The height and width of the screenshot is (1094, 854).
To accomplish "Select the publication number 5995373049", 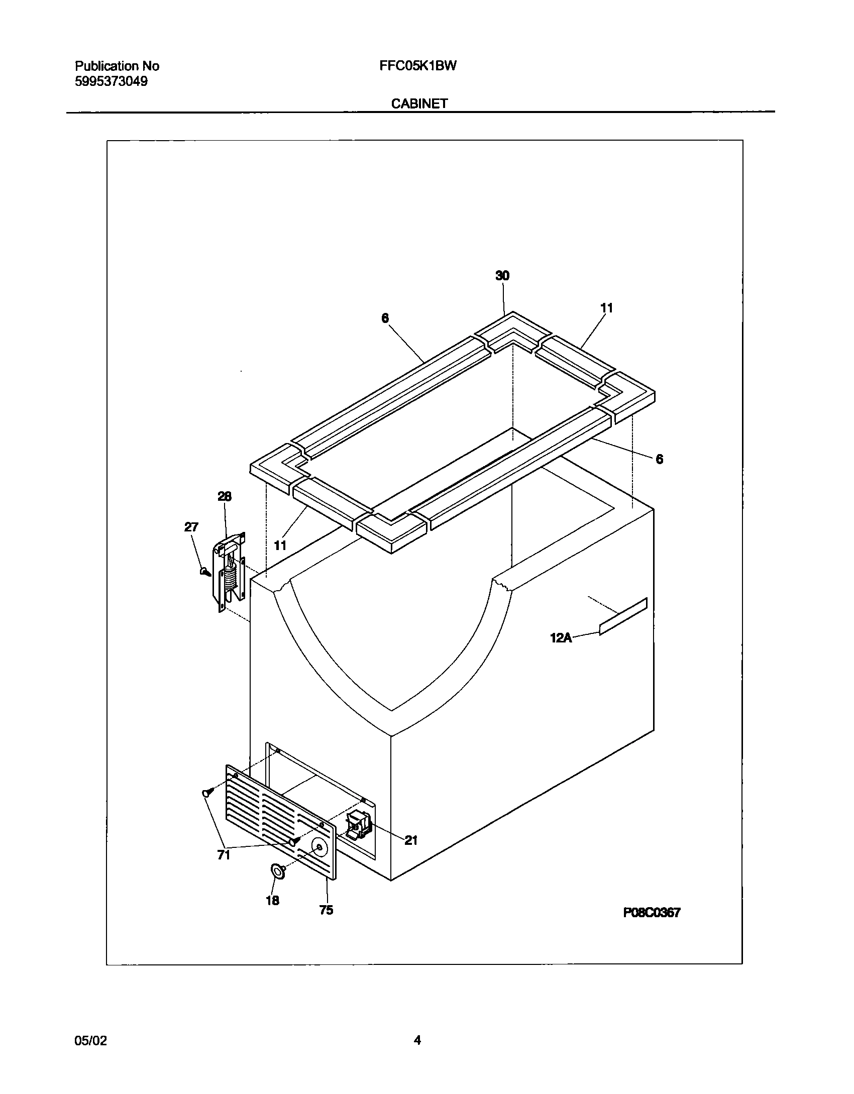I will [x=111, y=81].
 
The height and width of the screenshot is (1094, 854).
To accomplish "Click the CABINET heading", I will [x=419, y=103].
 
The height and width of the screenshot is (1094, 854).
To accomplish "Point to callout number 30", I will [x=502, y=275].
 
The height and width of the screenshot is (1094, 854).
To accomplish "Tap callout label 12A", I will [x=561, y=638].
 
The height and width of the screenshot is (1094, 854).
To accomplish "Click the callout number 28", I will [x=224, y=496].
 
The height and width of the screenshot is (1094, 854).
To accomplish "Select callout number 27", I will [x=191, y=527].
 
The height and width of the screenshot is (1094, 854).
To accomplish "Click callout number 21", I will [x=411, y=840].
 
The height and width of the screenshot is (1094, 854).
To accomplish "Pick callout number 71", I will [x=224, y=854].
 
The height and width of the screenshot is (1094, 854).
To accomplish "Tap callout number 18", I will [x=272, y=901].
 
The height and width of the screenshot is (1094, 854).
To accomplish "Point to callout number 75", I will [x=326, y=910].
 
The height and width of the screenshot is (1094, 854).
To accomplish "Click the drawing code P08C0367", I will [x=652, y=913].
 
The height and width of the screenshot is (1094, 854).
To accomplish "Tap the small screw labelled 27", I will [x=204, y=571].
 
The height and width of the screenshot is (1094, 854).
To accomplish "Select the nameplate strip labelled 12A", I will [x=623, y=616].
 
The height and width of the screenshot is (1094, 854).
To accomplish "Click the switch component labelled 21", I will [x=359, y=826].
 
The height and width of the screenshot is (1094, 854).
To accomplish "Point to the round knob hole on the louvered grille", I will [x=318, y=847].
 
